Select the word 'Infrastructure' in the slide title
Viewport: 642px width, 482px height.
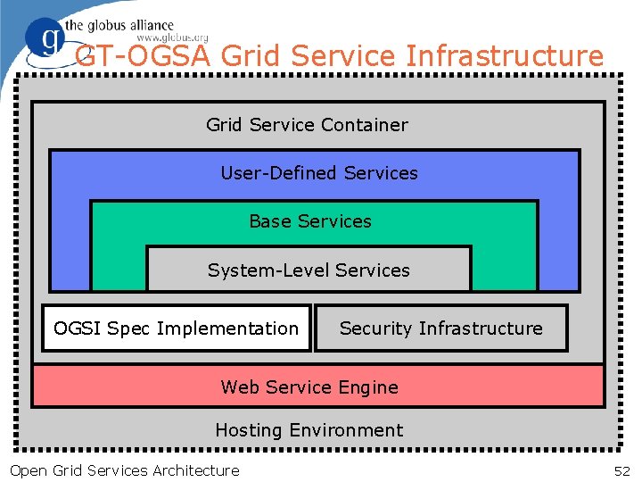[504, 56]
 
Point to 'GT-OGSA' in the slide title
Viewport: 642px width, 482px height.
[144, 56]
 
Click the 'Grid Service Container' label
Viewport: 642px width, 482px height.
[307, 125]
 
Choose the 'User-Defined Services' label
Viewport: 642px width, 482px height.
[318, 173]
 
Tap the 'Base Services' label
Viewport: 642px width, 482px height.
[310, 221]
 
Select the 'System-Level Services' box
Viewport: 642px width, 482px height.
[309, 270]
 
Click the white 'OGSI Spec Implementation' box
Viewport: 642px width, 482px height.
[177, 328]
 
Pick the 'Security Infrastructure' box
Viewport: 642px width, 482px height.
[440, 328]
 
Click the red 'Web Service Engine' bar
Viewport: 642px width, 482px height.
[317, 386]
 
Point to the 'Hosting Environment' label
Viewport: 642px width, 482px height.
[309, 430]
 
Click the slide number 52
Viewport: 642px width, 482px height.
[621, 470]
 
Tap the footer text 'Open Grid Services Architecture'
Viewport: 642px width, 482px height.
[124, 470]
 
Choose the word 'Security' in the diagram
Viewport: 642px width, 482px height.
[375, 328]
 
